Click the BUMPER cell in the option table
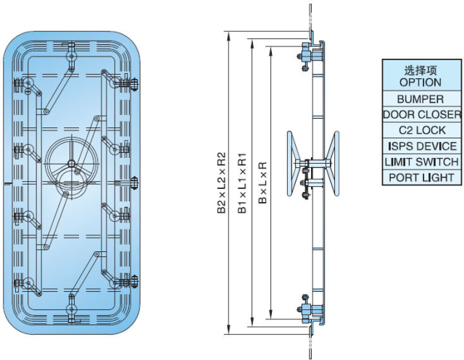420,99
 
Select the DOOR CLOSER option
421,114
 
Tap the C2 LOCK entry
420,130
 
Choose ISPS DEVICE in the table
420,146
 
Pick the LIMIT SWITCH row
420,162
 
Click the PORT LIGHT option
420,177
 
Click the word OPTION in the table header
420,82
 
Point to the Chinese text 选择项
420,70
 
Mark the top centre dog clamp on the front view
71,53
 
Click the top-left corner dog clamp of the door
27,85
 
